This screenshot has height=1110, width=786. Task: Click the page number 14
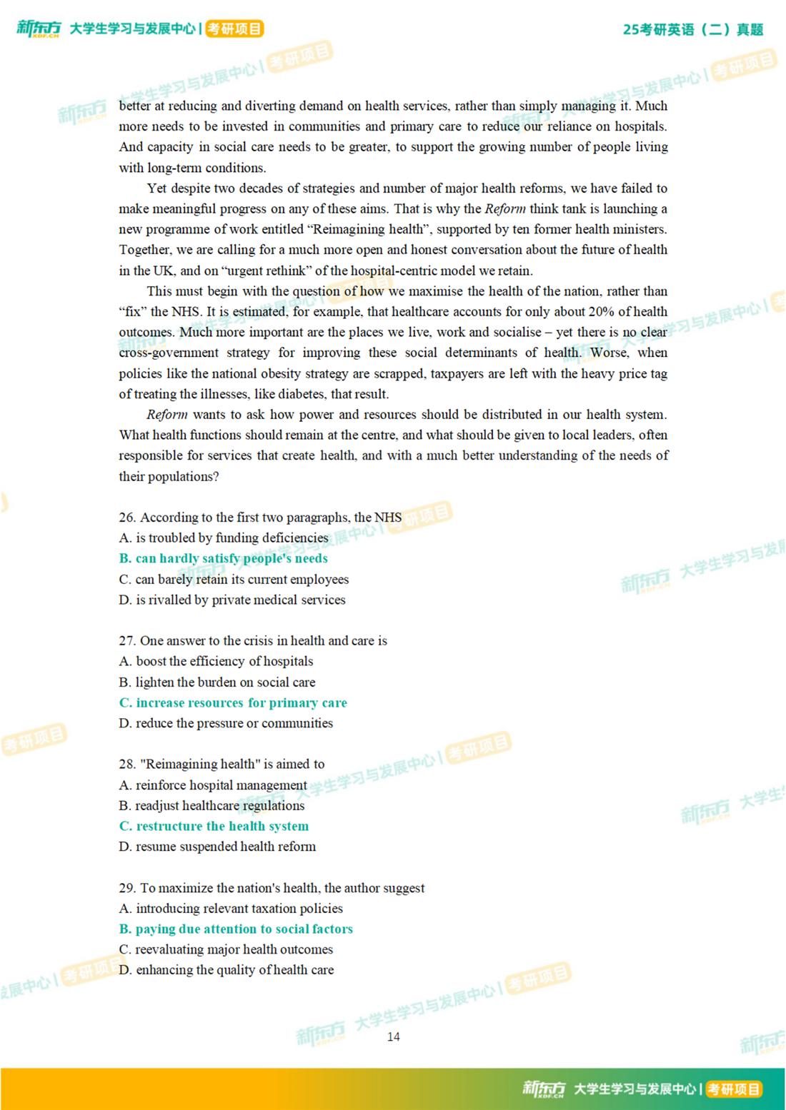coord(393,1036)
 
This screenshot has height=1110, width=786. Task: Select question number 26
coord(127,518)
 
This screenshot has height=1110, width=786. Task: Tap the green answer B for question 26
coord(223,558)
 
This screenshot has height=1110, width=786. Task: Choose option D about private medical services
coord(232,600)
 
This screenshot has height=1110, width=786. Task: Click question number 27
coord(127,641)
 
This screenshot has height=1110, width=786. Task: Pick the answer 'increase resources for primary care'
coord(233,702)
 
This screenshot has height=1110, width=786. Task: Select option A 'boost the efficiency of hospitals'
coord(216,661)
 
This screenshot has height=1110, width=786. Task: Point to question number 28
coord(127,764)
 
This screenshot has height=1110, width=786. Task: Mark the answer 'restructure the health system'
coord(214,826)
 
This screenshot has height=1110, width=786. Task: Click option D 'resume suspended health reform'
coord(217,847)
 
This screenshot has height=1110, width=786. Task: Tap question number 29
coord(127,888)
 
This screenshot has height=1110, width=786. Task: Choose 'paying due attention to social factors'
coord(236,929)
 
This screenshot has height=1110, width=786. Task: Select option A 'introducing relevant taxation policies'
coord(231,908)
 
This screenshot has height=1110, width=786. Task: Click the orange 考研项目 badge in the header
coord(234,29)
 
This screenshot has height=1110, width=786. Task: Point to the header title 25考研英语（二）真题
coord(692,30)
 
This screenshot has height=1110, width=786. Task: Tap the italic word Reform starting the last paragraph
coord(167,415)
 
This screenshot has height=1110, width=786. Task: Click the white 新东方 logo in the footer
coord(543,1089)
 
